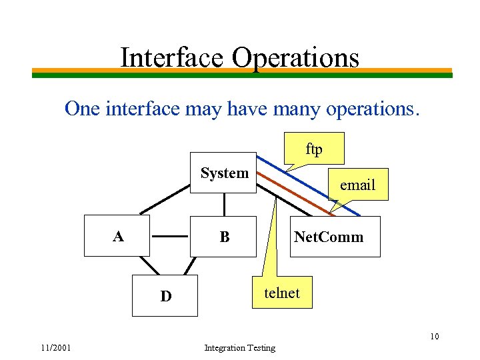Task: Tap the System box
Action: (223, 173)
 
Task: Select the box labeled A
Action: (117, 236)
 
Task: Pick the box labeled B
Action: (223, 236)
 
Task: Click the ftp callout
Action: (314, 149)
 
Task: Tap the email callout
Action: (358, 185)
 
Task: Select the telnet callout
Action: (282, 293)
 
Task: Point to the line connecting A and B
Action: (170, 236)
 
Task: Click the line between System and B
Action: (224, 204)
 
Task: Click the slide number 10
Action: (434, 336)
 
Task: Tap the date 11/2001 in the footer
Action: (55, 347)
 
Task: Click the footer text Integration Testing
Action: (239, 348)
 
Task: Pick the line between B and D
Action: (191, 265)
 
